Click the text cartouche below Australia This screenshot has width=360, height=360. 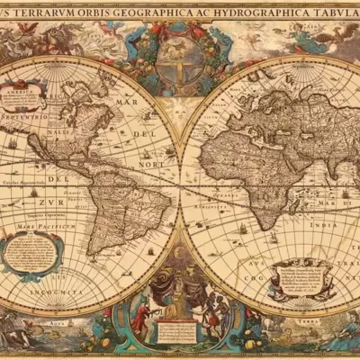[301, 278]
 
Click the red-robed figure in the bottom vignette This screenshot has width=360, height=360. [139, 317]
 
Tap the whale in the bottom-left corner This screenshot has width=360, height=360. [18, 337]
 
